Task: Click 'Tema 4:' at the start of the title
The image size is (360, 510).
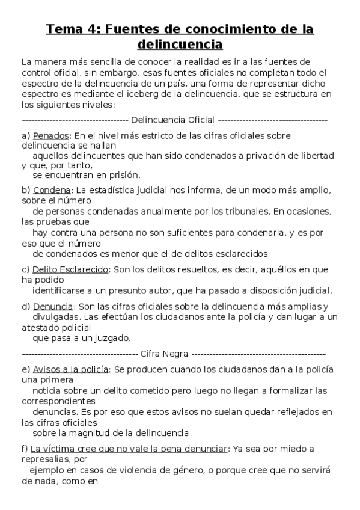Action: (x=69, y=29)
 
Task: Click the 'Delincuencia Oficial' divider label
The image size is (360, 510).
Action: (x=172, y=120)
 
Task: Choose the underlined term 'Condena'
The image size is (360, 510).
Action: (x=52, y=191)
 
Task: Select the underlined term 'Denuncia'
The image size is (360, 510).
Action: (x=52, y=306)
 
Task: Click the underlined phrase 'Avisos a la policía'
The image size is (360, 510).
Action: (x=70, y=369)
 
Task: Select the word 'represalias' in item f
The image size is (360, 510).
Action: (x=44, y=459)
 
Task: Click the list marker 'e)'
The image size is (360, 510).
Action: (x=25, y=369)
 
